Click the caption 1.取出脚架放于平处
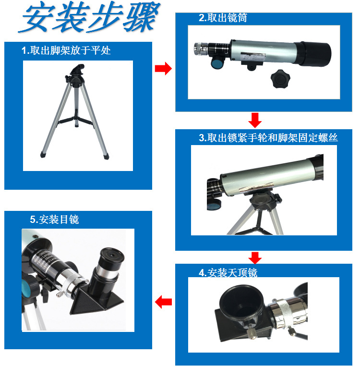[66, 50]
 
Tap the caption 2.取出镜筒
[223, 18]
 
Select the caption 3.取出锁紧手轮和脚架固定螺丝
[268, 137]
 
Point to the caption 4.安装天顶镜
[228, 272]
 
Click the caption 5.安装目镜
[54, 220]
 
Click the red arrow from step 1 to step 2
[163, 68]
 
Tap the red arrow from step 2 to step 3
[255, 120]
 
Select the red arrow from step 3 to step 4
[255, 257]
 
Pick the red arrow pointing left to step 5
[163, 302]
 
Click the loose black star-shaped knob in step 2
[280, 79]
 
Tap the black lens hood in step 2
[313, 54]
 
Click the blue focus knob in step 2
[217, 63]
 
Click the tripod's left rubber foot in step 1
[44, 154]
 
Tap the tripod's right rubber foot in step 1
[106, 156]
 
